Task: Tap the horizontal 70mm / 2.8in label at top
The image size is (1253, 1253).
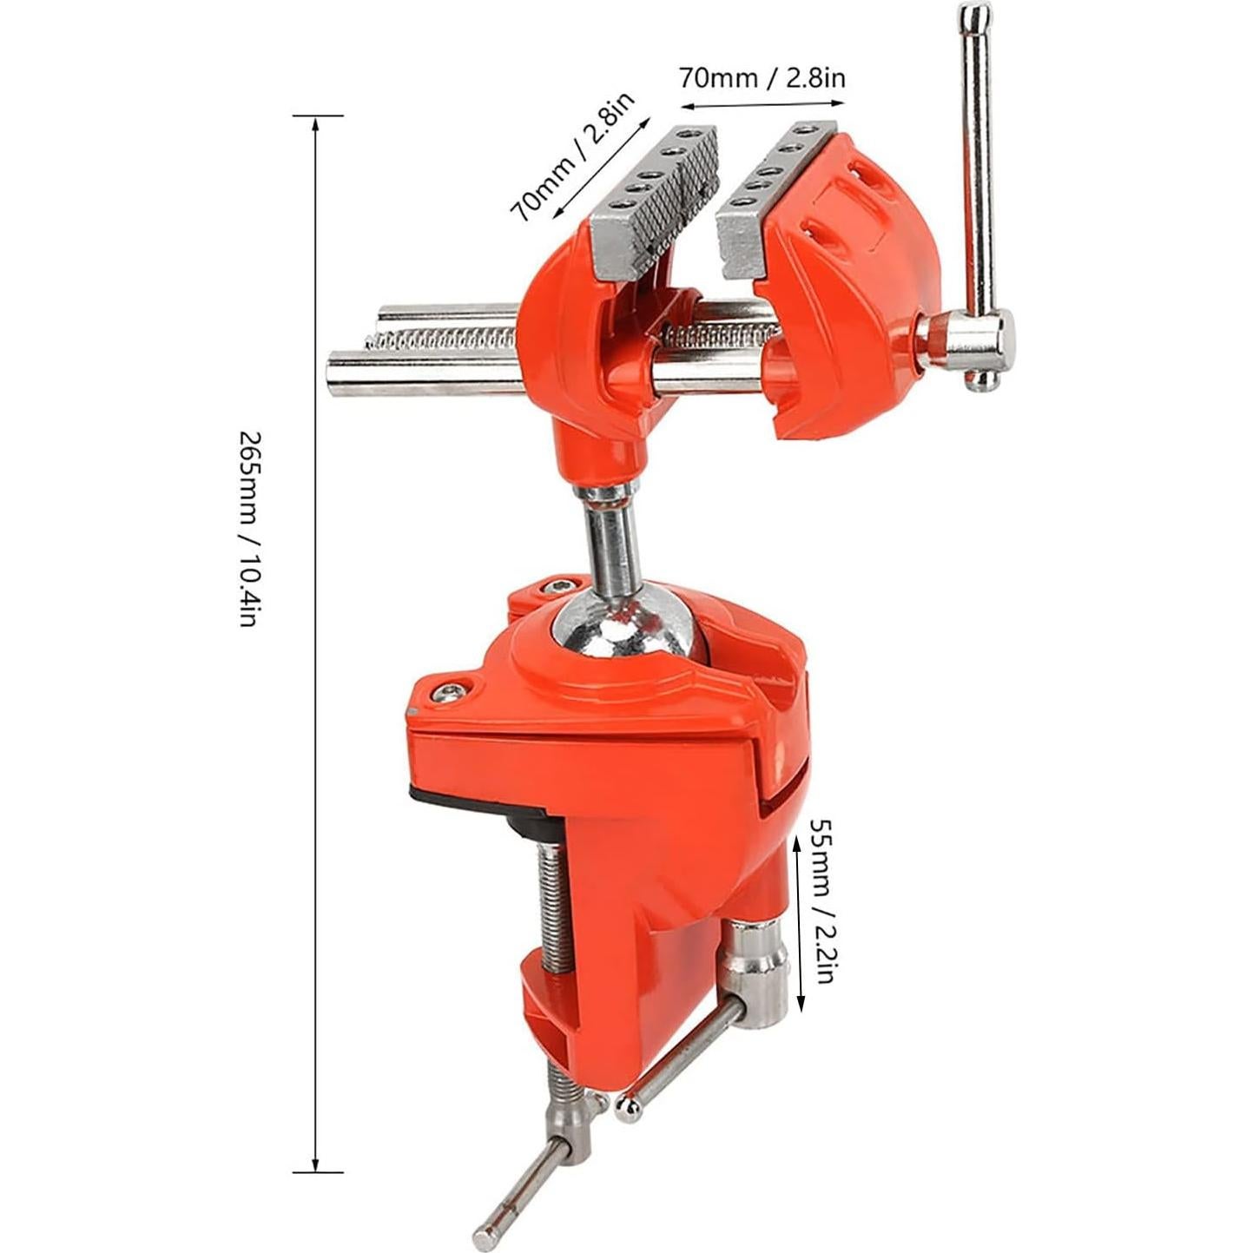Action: click(762, 78)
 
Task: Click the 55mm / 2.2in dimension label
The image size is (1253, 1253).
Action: click(822, 899)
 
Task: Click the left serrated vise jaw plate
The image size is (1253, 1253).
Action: click(653, 191)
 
